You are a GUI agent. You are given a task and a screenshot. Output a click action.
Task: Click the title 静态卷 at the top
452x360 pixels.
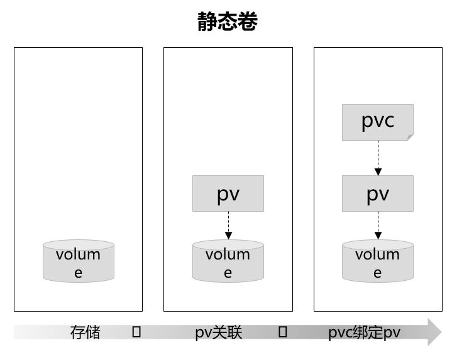tap(227, 22)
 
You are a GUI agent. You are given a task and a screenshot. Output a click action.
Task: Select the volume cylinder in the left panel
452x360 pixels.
tap(79, 261)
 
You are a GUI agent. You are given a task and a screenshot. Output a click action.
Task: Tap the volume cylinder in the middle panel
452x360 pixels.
tap(228, 261)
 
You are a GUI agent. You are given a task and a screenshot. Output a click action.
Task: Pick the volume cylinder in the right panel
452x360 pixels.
tap(378, 261)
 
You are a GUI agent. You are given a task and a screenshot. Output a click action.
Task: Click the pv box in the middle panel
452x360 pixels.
tap(228, 194)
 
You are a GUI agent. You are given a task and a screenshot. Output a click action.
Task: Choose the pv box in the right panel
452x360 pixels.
tap(378, 194)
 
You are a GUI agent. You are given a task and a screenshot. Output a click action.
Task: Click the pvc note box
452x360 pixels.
tap(378, 122)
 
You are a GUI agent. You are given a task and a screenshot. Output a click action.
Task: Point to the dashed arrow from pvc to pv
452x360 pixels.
tap(378, 158)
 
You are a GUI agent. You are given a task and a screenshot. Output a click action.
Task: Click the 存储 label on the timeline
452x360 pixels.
tap(85, 332)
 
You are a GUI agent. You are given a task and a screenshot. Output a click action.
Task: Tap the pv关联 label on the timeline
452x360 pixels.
tap(219, 332)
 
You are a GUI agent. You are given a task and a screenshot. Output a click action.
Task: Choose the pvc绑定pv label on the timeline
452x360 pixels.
tap(364, 332)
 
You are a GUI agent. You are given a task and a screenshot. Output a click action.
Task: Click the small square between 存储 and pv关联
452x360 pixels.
tap(136, 332)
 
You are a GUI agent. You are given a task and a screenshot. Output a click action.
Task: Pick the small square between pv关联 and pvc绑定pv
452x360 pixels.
tap(283, 332)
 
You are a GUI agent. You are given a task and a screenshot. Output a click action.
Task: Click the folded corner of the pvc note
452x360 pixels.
tap(410, 137)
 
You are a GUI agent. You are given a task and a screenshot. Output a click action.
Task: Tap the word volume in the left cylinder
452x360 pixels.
tap(78, 254)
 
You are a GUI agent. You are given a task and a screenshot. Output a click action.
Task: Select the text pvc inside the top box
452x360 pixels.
tap(378, 120)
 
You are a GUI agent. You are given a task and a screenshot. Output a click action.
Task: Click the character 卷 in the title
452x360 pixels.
tap(248, 22)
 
